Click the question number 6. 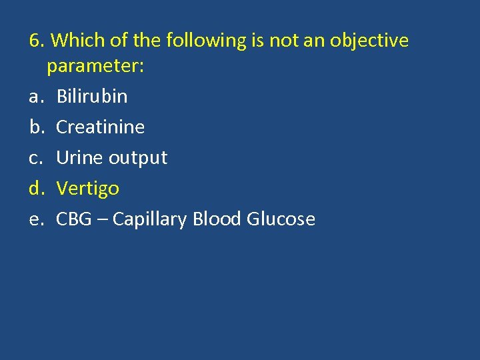click(x=37, y=41)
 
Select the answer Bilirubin click(x=91, y=97)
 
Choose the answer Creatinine click(x=100, y=127)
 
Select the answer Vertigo click(x=87, y=189)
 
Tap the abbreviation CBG click(x=73, y=219)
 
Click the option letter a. click(x=35, y=97)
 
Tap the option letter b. click(x=35, y=127)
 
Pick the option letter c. click(x=34, y=159)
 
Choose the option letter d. click(x=35, y=189)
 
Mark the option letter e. click(x=35, y=220)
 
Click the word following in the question click(x=206, y=41)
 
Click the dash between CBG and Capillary click(x=102, y=220)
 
